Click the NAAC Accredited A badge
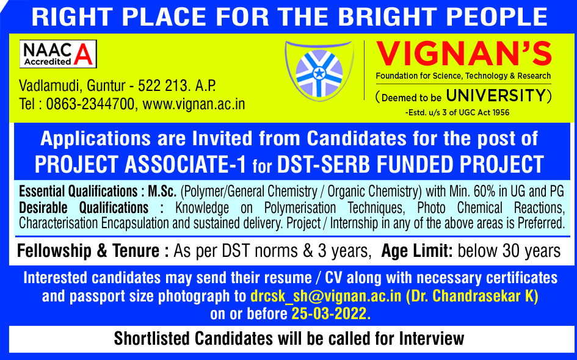tap(58, 54)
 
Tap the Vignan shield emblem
tap(319, 71)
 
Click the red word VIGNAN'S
tap(463, 54)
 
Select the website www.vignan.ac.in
tap(194, 104)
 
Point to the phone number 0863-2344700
tap(90, 104)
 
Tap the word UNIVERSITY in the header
tap(496, 96)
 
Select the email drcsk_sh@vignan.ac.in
tap(325, 296)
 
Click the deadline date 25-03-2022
tap(330, 314)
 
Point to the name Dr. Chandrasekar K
tap(472, 296)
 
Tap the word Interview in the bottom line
tap(432, 338)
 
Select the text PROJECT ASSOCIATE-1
tap(140, 164)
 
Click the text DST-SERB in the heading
tap(323, 164)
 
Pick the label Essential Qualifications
tap(78, 191)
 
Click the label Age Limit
tap(417, 251)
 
